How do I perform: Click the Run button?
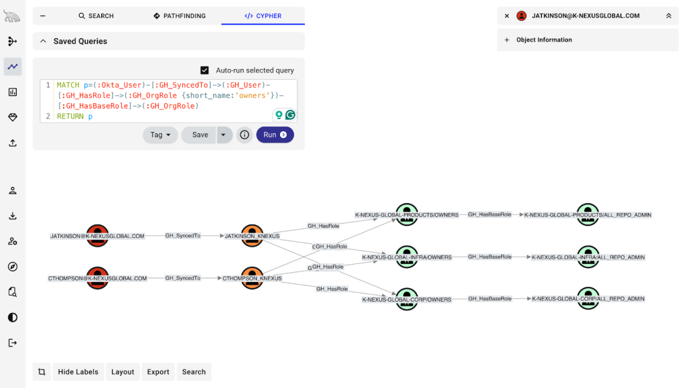pos(275,135)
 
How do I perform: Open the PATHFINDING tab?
pos(180,15)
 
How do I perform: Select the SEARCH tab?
pos(96,15)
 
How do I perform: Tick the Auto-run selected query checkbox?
pos(205,70)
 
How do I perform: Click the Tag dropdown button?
pos(160,135)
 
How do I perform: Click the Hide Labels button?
pos(78,372)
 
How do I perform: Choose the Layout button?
pos(123,372)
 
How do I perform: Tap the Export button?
pos(158,372)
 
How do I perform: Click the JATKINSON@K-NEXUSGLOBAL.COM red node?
pos(97,236)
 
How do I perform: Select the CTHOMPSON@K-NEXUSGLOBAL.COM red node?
pos(97,277)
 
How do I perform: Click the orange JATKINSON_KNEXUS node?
pos(252,236)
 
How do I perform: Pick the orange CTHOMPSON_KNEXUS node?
pos(252,277)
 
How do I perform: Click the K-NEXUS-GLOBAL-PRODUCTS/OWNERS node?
pos(407,215)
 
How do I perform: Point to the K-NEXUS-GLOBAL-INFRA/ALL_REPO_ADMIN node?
pos(588,257)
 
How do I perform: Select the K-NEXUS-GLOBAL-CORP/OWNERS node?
pos(407,299)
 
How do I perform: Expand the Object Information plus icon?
pos(507,40)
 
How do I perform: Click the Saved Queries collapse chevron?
pos(43,41)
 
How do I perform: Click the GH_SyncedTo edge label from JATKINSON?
pos(183,236)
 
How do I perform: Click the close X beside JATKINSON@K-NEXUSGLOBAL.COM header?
pos(507,15)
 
